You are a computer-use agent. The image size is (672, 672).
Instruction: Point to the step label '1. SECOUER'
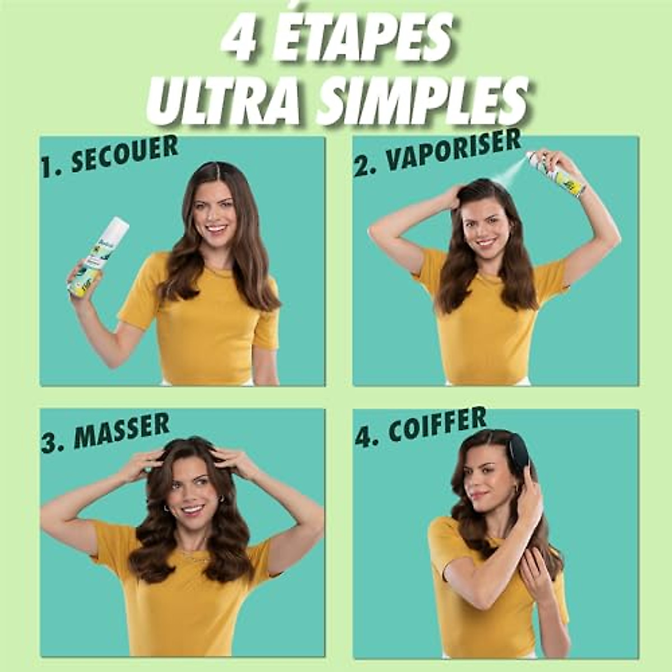point(109,156)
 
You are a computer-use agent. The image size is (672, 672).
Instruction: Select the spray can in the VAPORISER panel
point(557,174)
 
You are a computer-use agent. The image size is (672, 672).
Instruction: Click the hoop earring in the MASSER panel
point(166,508)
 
